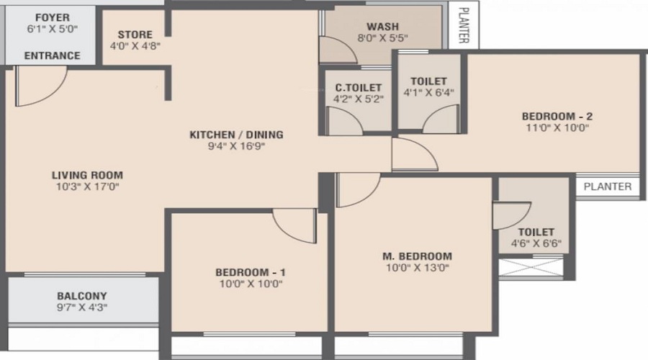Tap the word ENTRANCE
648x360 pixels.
[x=52, y=55]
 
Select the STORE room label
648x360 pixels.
[x=135, y=34]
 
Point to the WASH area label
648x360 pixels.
[x=382, y=27]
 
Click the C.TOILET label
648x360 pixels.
[x=358, y=88]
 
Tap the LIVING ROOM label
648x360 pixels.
[x=87, y=175]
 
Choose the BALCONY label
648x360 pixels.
[x=81, y=296]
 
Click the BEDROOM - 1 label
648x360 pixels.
[x=251, y=272]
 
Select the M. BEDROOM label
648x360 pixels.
[x=417, y=256]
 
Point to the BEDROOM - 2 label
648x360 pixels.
[x=557, y=116]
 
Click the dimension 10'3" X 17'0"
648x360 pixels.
[x=87, y=186]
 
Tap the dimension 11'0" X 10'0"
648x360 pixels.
[x=557, y=128]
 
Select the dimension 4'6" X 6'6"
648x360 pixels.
[x=536, y=243]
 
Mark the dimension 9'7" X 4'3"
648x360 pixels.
[x=81, y=307]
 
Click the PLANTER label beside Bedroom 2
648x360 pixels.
[x=608, y=186]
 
